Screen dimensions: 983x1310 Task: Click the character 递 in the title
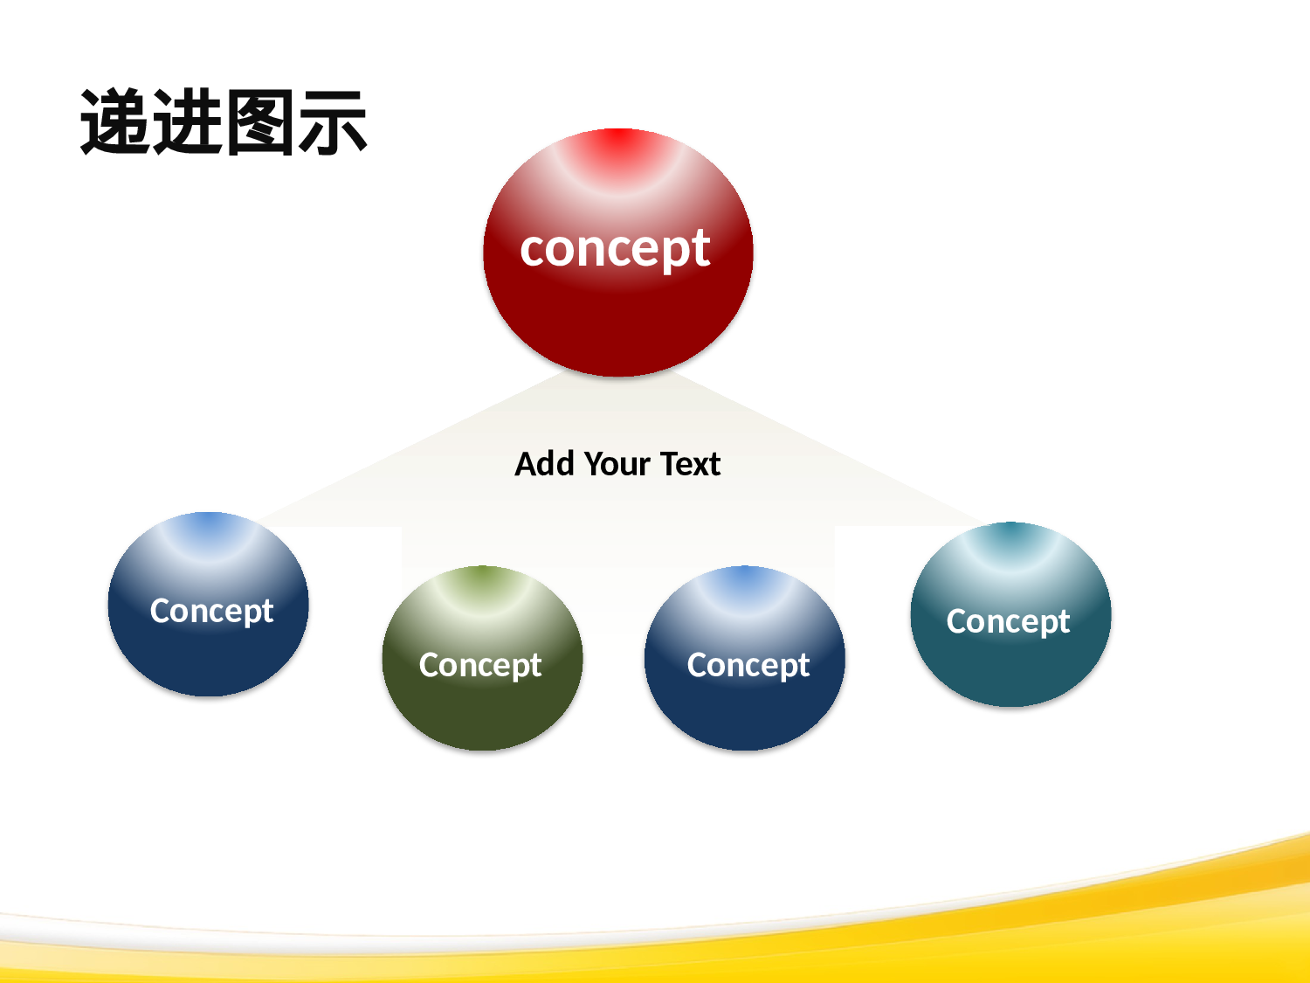(115, 122)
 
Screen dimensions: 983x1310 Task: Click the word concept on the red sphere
(615, 249)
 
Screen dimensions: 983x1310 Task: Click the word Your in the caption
(617, 464)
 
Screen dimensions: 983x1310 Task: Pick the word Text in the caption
(690, 464)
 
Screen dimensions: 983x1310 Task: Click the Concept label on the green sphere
(480, 666)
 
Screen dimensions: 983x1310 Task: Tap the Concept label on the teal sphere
(1008, 622)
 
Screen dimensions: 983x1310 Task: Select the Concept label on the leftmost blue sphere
(211, 612)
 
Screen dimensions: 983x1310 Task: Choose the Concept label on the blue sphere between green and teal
(748, 666)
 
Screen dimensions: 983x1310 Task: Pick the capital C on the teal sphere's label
(957, 621)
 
